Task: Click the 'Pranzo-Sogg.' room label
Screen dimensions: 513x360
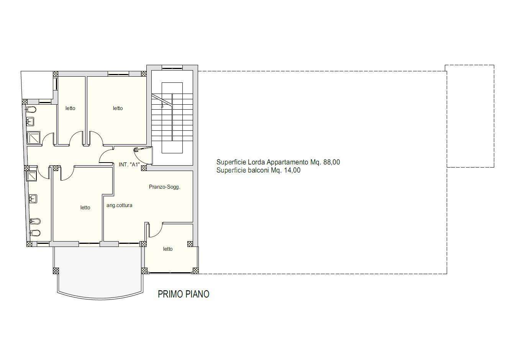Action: (x=164, y=187)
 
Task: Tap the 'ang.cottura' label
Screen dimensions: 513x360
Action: (x=119, y=205)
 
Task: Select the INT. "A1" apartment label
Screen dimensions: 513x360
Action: (x=129, y=164)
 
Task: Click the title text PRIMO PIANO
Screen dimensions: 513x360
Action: (x=184, y=294)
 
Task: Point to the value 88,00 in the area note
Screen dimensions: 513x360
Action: (x=332, y=162)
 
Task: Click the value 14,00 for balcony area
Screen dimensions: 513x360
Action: (x=292, y=170)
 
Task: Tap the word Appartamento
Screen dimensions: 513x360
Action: (x=287, y=162)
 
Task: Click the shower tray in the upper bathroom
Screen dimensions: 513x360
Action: (x=33, y=138)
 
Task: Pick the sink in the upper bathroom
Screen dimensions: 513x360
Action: (x=30, y=122)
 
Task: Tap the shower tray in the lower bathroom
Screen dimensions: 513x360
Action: (x=31, y=176)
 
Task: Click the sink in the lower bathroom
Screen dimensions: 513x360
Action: (x=33, y=199)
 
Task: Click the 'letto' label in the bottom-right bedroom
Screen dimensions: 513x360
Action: (x=168, y=249)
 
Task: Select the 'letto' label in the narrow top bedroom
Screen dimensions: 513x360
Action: (x=70, y=108)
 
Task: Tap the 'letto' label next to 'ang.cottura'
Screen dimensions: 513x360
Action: (x=85, y=208)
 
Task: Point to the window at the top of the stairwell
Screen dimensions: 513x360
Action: (x=172, y=67)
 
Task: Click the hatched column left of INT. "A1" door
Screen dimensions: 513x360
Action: (x=144, y=168)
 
